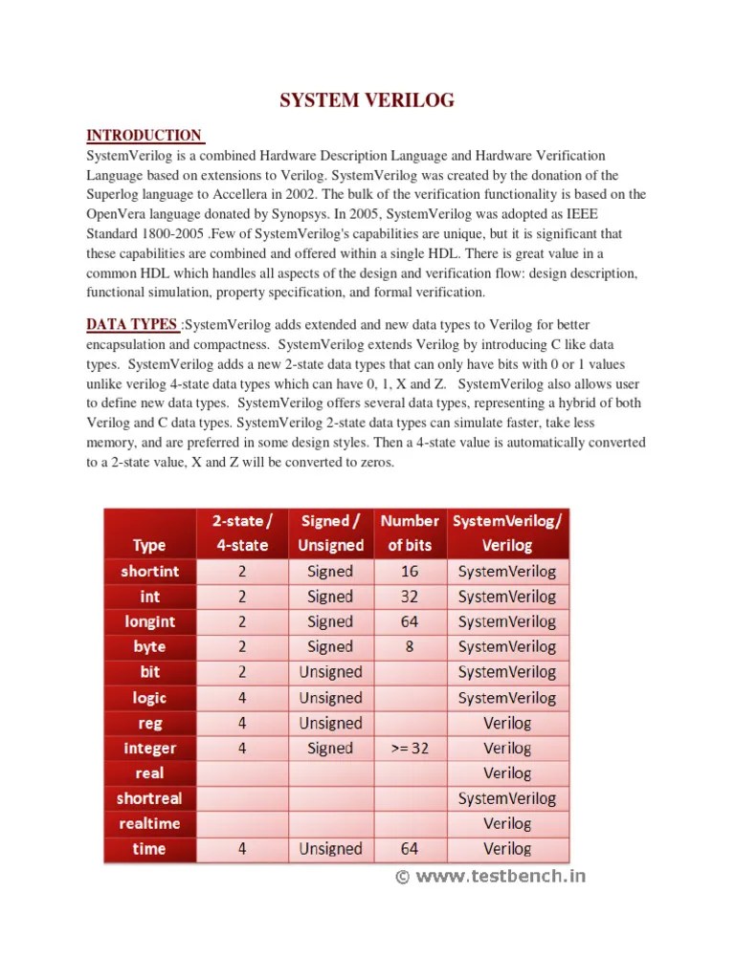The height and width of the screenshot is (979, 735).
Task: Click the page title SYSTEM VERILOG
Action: coord(367,100)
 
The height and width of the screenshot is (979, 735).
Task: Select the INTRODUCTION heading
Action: coord(145,135)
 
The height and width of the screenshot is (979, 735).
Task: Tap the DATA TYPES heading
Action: coord(132,325)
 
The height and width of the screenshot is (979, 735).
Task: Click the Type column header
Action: coord(149,545)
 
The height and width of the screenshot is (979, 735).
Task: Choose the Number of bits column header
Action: coord(410,533)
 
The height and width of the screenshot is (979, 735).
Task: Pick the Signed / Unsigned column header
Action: coord(331,533)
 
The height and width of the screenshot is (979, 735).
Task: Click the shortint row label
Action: coord(149,572)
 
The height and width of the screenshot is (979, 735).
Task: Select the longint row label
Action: coord(149,621)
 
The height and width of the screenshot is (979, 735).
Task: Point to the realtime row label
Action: coord(149,823)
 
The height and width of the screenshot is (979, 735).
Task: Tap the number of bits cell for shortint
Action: coord(410,572)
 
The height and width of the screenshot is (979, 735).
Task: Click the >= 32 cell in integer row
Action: coord(410,749)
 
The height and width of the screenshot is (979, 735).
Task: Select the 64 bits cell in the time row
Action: coord(410,849)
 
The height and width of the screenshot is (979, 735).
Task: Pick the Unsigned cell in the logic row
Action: coord(331,698)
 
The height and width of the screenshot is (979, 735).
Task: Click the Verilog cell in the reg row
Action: coord(507,724)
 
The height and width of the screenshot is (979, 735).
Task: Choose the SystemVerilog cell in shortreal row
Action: coord(507,798)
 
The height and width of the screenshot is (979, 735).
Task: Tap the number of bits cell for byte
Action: coord(410,647)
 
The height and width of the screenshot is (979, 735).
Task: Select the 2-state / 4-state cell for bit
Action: coord(242,672)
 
